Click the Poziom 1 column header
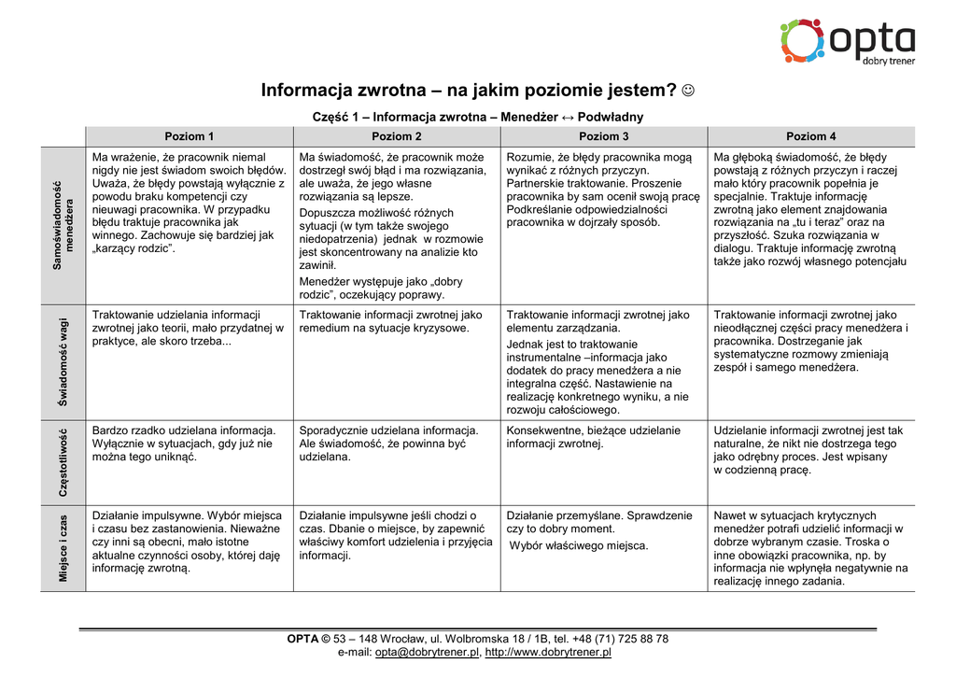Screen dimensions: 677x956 (189, 136)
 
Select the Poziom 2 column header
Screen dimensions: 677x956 (396, 136)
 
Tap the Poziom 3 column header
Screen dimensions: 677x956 (603, 136)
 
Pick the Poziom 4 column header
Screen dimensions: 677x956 (810, 136)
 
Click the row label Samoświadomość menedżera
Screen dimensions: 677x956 (63, 225)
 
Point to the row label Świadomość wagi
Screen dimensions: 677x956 (63, 362)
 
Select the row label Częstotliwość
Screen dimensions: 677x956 (63, 463)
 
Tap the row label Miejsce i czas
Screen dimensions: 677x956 (63, 548)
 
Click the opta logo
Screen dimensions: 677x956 (847, 41)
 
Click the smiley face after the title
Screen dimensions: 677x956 (688, 91)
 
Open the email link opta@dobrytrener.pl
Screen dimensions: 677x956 (427, 653)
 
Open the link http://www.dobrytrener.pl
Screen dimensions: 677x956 (548, 653)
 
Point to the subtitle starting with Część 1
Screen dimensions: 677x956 (477, 118)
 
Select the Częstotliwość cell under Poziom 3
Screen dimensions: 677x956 (603, 463)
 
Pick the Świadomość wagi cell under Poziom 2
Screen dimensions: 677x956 (396, 362)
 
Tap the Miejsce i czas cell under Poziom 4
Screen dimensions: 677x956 (810, 548)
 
